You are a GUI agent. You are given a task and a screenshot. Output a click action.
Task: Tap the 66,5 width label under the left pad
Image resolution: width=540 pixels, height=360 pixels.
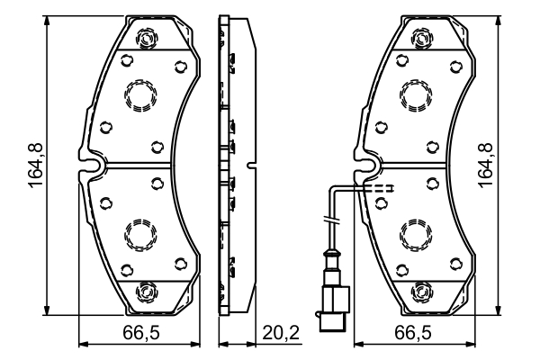(141, 334)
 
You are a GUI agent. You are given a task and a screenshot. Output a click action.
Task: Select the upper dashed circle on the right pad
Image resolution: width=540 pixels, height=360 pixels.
(416, 94)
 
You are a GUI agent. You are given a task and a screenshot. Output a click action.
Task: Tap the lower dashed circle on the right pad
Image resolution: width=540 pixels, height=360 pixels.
(416, 236)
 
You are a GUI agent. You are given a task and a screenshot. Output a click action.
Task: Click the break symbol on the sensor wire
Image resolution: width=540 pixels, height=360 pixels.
(332, 221)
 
